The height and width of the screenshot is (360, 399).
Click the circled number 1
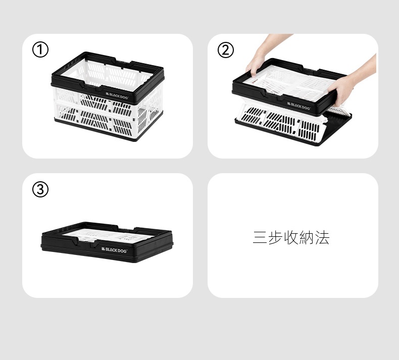40,49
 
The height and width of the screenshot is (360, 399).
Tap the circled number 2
225,50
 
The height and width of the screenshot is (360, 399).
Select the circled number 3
40,189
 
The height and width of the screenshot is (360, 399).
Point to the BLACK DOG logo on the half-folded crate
298,106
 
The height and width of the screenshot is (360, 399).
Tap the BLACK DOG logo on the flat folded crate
114,250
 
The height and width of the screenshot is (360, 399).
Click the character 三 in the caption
260,238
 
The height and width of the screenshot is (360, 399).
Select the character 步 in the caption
276,238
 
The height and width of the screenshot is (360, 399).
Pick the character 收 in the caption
291,238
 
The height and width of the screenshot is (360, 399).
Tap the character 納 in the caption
307,238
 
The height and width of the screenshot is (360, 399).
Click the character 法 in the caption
322,238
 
